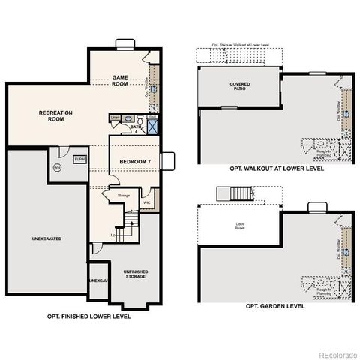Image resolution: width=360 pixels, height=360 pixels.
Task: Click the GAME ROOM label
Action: pos(121,80)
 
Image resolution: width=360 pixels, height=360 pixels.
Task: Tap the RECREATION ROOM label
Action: pos(55,116)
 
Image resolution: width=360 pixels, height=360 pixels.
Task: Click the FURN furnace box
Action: pos(79,159)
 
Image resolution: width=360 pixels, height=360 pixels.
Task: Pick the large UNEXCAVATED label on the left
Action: pos(46,238)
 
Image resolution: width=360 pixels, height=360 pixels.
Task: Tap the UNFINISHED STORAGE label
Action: pos(135,274)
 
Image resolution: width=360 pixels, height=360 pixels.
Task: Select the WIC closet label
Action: pos(148,202)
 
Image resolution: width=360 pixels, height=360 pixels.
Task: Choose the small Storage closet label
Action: pos(124,196)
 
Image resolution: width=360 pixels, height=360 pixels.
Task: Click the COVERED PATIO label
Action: pos(240,86)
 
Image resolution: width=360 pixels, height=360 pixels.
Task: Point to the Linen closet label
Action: pos(115,118)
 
